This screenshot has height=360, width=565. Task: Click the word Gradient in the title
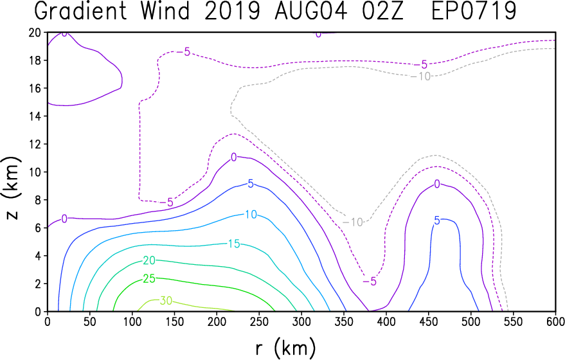click(x=81, y=11)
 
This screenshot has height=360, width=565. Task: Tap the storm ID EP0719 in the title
click(x=474, y=11)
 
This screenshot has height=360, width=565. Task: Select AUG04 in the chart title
click(x=311, y=11)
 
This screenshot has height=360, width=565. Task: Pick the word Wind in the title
click(x=165, y=11)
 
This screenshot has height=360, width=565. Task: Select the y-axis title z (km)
click(x=12, y=188)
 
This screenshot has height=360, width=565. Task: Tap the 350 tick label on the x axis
click(x=343, y=321)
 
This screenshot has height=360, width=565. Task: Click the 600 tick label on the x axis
click(x=555, y=321)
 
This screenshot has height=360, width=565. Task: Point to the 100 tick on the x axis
click(x=132, y=321)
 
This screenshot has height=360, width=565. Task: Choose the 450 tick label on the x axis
click(x=428, y=321)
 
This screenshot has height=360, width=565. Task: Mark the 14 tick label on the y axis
click(x=35, y=116)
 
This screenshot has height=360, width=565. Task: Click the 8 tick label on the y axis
click(x=39, y=200)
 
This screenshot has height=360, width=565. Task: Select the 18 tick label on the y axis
click(x=35, y=60)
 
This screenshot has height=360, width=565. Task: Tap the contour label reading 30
click(x=166, y=300)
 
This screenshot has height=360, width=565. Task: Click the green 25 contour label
click(x=149, y=278)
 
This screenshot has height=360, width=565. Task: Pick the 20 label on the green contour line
click(x=149, y=260)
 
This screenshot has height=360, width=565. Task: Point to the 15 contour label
click(x=234, y=244)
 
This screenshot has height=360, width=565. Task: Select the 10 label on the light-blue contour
click(x=251, y=215)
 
